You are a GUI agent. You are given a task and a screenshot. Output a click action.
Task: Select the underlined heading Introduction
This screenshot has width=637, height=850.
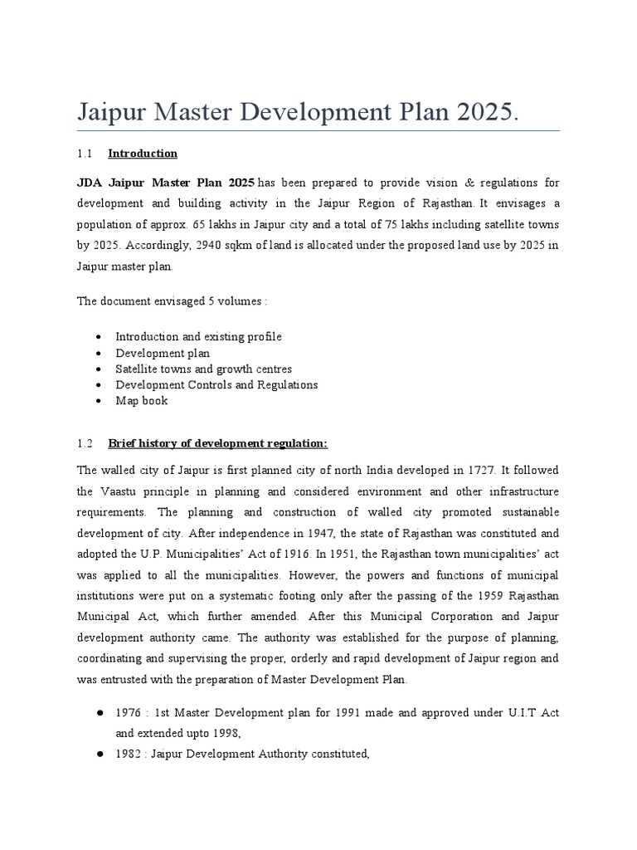143,154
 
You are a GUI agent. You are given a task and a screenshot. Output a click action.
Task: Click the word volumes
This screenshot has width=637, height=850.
243,300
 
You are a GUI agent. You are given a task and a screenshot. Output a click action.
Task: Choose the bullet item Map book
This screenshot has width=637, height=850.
141,400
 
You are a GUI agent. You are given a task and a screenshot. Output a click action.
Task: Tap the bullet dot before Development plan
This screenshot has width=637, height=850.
99,353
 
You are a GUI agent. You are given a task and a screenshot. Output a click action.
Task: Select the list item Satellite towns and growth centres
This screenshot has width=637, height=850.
203,369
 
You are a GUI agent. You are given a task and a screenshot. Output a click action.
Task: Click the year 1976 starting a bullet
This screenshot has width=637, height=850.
129,712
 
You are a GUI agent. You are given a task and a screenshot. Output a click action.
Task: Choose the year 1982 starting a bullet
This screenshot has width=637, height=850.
129,755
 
